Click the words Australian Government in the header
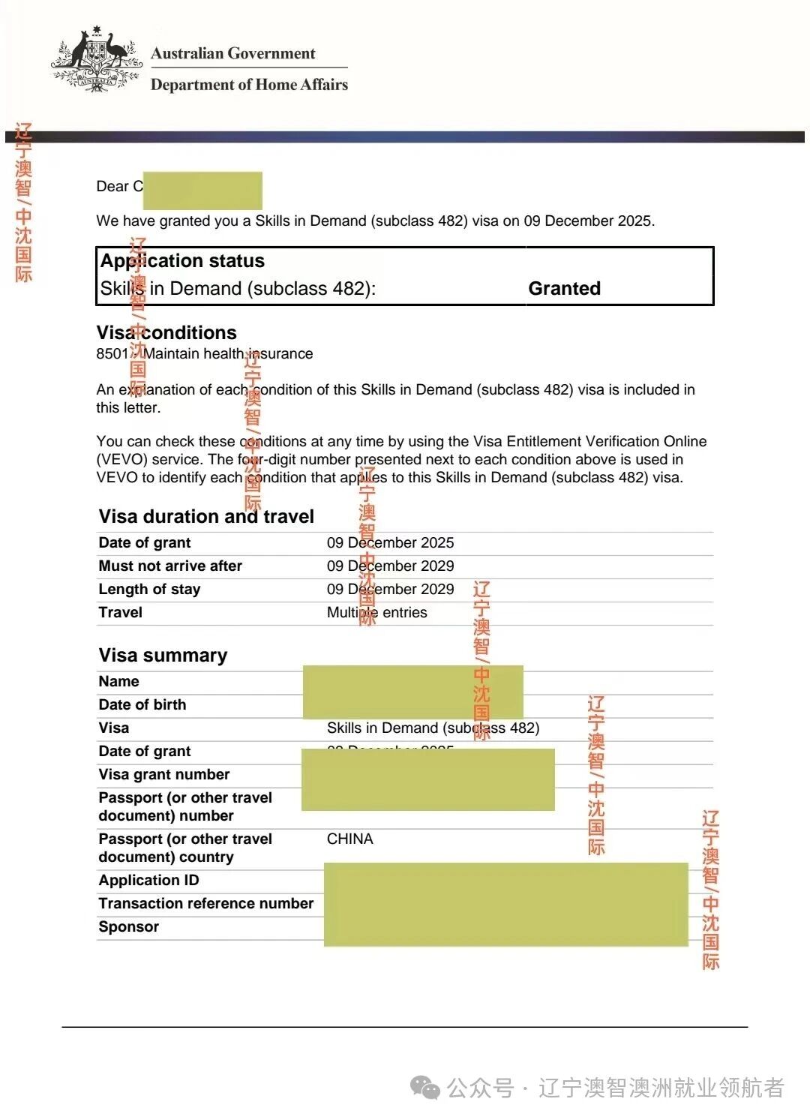232,53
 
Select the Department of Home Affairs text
249,85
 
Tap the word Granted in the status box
564,289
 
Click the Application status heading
182,261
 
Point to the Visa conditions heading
166,332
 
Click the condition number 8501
112,353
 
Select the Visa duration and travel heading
206,516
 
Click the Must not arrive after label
170,566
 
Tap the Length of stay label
149,589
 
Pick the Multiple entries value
376,612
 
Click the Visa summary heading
163,655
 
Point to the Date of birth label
142,704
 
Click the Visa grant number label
163,774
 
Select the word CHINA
349,839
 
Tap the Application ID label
148,880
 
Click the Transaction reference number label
205,903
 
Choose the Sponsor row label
128,926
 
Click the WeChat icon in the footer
426,1087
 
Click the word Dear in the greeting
112,186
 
